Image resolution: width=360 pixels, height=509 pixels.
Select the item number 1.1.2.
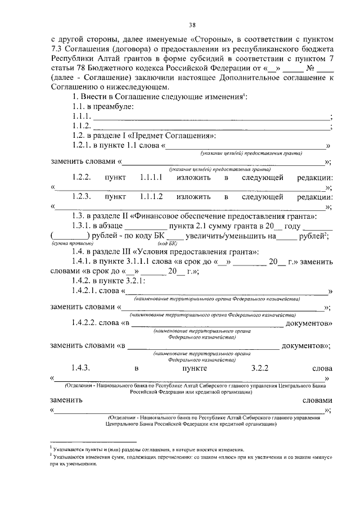82,127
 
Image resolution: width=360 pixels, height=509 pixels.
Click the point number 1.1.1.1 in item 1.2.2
151,177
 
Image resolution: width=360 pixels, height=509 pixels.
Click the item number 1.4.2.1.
85,291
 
